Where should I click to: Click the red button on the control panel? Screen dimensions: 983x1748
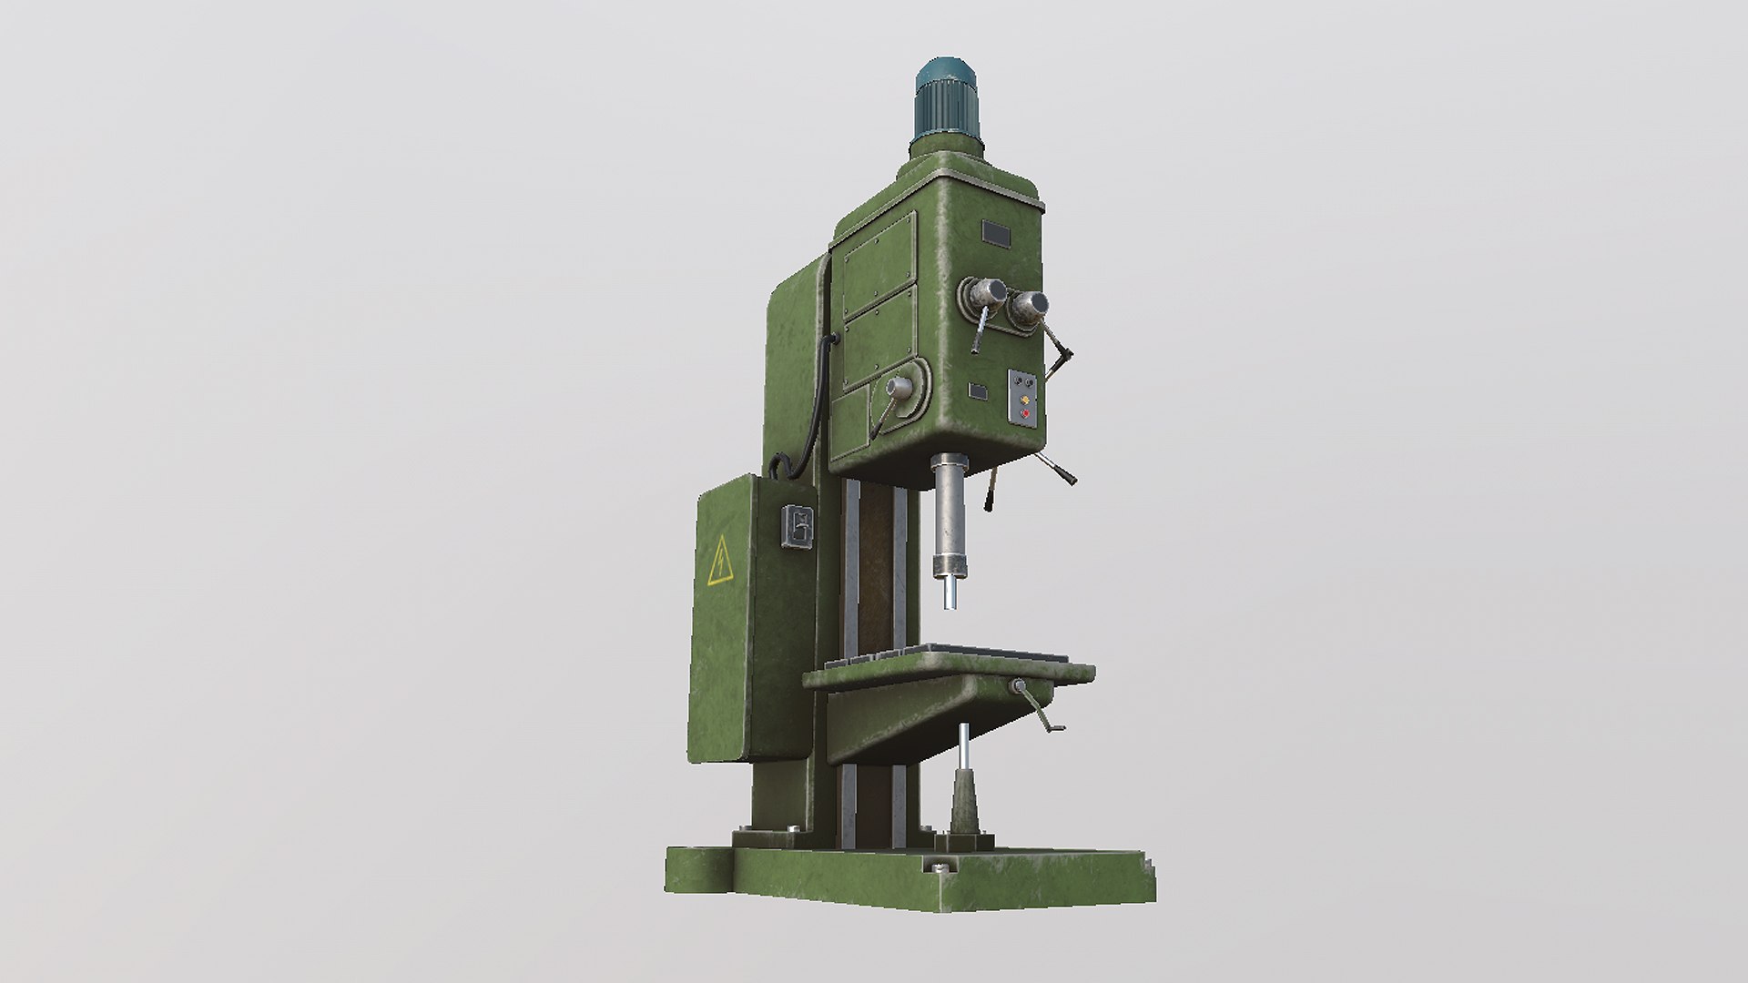coord(1026,414)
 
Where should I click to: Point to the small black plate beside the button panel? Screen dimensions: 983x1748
coord(978,391)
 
